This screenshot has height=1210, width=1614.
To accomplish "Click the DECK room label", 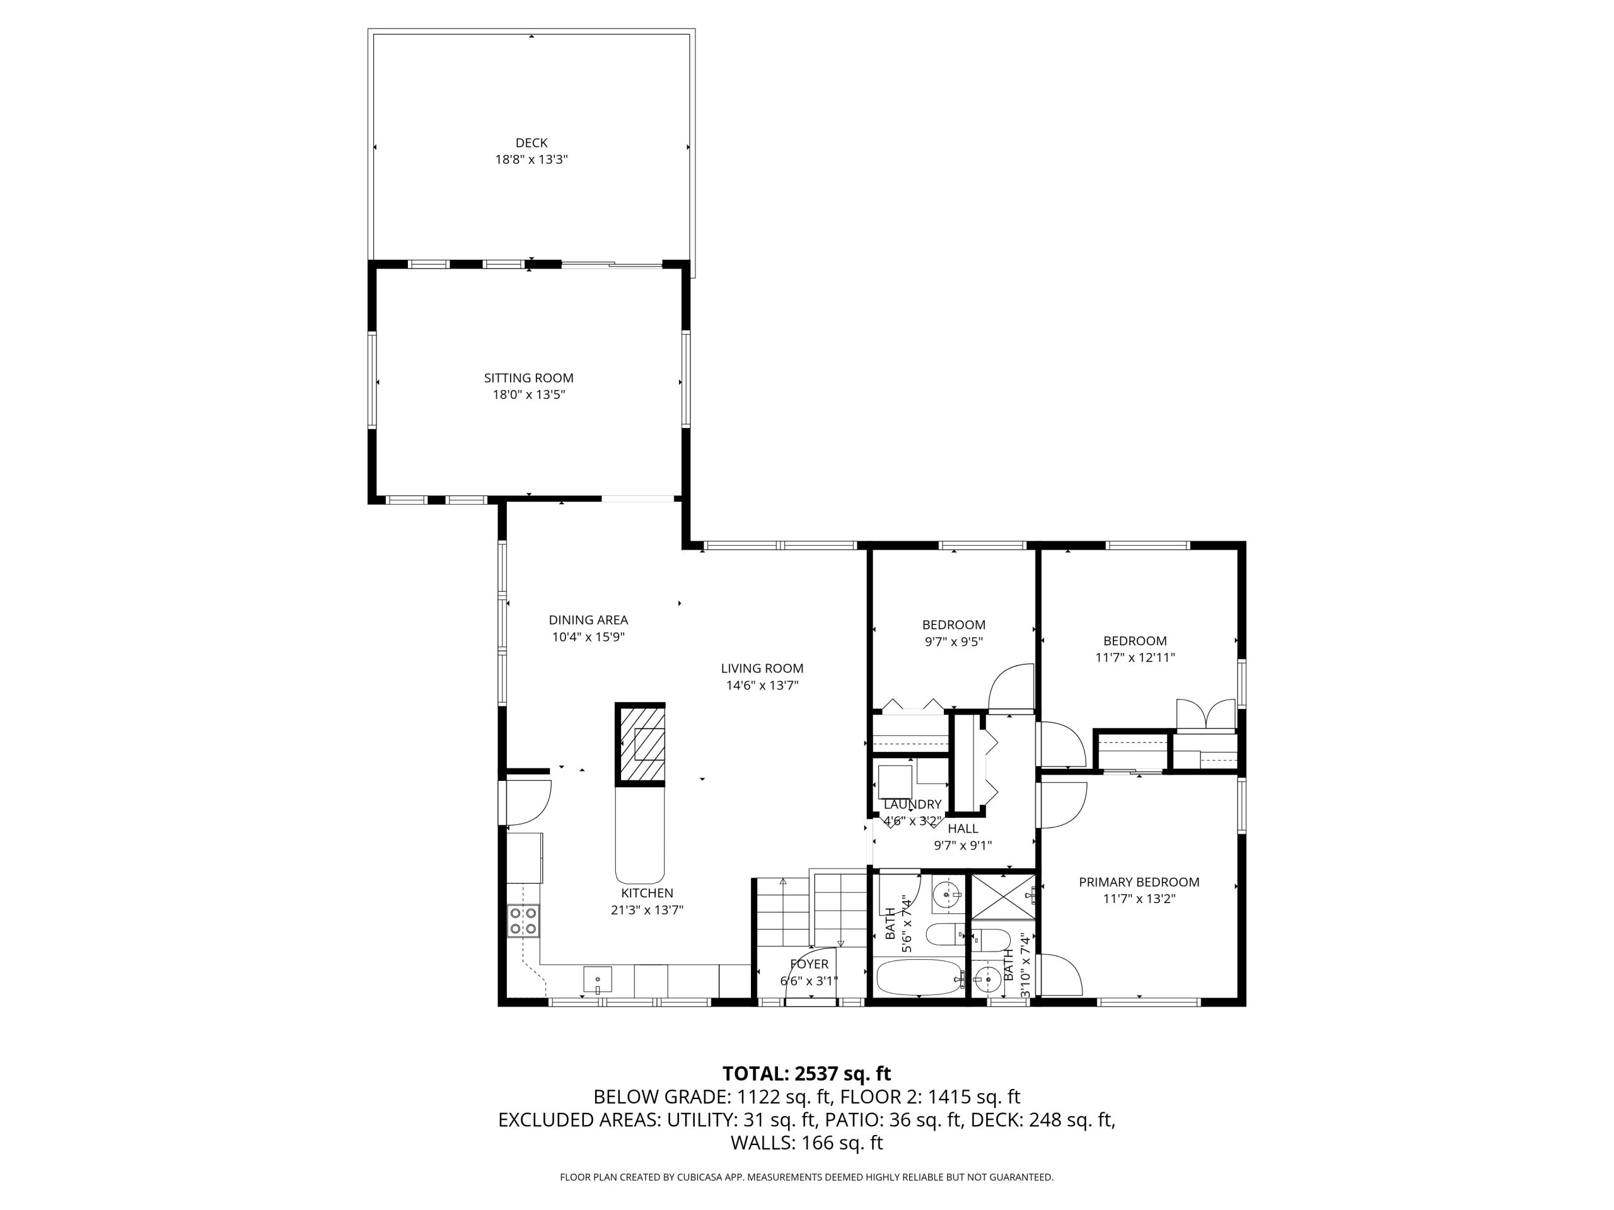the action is [x=531, y=143].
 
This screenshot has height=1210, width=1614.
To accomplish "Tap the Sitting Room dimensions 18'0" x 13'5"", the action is [x=529, y=395].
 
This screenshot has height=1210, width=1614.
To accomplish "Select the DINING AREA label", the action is [x=588, y=620].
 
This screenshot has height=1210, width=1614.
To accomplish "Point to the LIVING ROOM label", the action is [x=762, y=668].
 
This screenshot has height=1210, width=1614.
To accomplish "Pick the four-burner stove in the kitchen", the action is [x=524, y=921].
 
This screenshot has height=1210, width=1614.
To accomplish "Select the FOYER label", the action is [x=809, y=964].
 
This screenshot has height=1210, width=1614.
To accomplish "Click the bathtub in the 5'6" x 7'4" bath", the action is [x=920, y=977].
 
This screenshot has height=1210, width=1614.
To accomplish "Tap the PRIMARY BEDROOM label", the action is [x=1139, y=882].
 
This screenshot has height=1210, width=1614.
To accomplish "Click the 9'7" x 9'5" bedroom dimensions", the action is [x=954, y=642].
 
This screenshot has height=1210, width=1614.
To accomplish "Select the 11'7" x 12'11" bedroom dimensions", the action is [x=1135, y=657].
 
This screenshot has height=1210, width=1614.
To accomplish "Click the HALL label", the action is [x=963, y=829].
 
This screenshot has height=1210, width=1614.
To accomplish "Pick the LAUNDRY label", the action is [x=912, y=805].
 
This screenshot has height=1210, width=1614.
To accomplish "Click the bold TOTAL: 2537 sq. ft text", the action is [x=806, y=1074].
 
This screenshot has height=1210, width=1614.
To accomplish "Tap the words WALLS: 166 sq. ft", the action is [x=806, y=1143].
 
